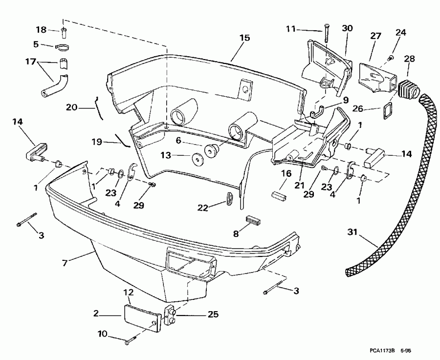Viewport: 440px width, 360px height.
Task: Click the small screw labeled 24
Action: click(390, 58)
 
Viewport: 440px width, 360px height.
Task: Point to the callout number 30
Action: click(347, 28)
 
